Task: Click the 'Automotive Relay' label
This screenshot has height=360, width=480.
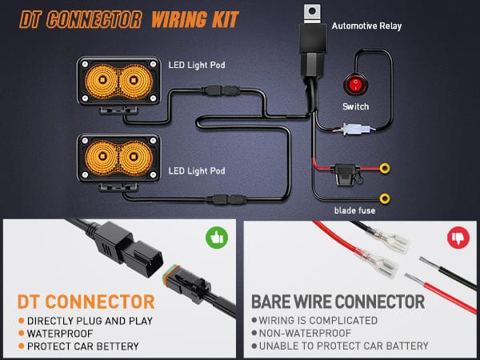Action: (x=366, y=26)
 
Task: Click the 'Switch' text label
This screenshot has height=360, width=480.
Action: (x=355, y=106)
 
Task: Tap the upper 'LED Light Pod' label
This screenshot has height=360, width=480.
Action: (x=196, y=63)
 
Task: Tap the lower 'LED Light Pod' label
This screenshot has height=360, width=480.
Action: (x=196, y=170)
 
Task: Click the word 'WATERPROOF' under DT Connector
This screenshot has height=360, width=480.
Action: (x=60, y=332)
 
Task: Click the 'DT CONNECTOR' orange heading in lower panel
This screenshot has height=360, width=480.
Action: (x=86, y=301)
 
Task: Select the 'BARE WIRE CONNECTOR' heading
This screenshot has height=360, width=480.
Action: (x=338, y=302)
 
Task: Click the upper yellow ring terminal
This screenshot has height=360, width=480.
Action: (x=385, y=169)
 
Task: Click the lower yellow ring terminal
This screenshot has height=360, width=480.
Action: (x=385, y=197)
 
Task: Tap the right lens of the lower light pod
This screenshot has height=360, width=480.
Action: (x=134, y=155)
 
